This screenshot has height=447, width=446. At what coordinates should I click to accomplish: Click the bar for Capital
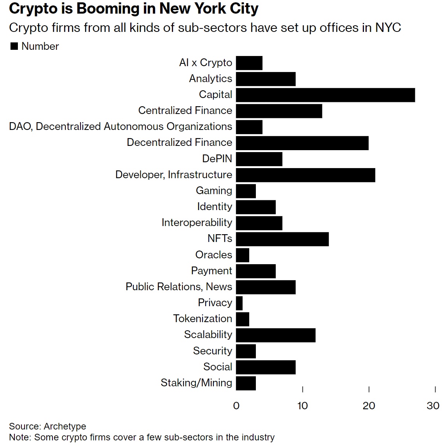click(x=325, y=95)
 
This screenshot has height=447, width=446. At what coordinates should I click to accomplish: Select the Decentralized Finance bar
click(x=302, y=143)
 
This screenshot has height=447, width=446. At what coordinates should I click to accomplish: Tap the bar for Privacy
click(x=239, y=303)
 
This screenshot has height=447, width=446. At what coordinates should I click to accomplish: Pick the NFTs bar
click(x=282, y=239)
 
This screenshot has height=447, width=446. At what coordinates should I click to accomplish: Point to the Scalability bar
click(x=276, y=335)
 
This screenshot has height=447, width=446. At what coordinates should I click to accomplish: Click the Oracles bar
click(x=243, y=255)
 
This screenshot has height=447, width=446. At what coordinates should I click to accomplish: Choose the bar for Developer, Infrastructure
click(x=305, y=175)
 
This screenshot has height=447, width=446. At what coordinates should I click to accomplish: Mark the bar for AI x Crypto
click(x=249, y=63)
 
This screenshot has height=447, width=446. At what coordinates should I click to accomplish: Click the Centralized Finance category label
click(x=185, y=110)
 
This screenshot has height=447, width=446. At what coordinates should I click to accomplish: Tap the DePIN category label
click(x=217, y=159)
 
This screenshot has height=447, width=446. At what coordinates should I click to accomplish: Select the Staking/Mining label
click(x=196, y=383)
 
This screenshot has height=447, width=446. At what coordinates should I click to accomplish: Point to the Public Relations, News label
click(x=179, y=287)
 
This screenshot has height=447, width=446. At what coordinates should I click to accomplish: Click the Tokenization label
click(x=203, y=319)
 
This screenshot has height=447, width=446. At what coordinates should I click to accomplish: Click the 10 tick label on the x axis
click(x=303, y=406)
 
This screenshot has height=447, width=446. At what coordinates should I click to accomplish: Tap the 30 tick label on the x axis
click(x=433, y=406)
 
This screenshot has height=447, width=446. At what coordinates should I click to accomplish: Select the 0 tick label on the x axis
click(x=236, y=406)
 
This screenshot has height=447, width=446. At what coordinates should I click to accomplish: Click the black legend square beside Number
click(x=14, y=46)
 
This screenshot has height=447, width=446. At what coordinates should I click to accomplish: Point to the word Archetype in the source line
click(x=65, y=426)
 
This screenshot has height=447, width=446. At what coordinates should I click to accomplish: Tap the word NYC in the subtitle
click(x=388, y=28)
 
